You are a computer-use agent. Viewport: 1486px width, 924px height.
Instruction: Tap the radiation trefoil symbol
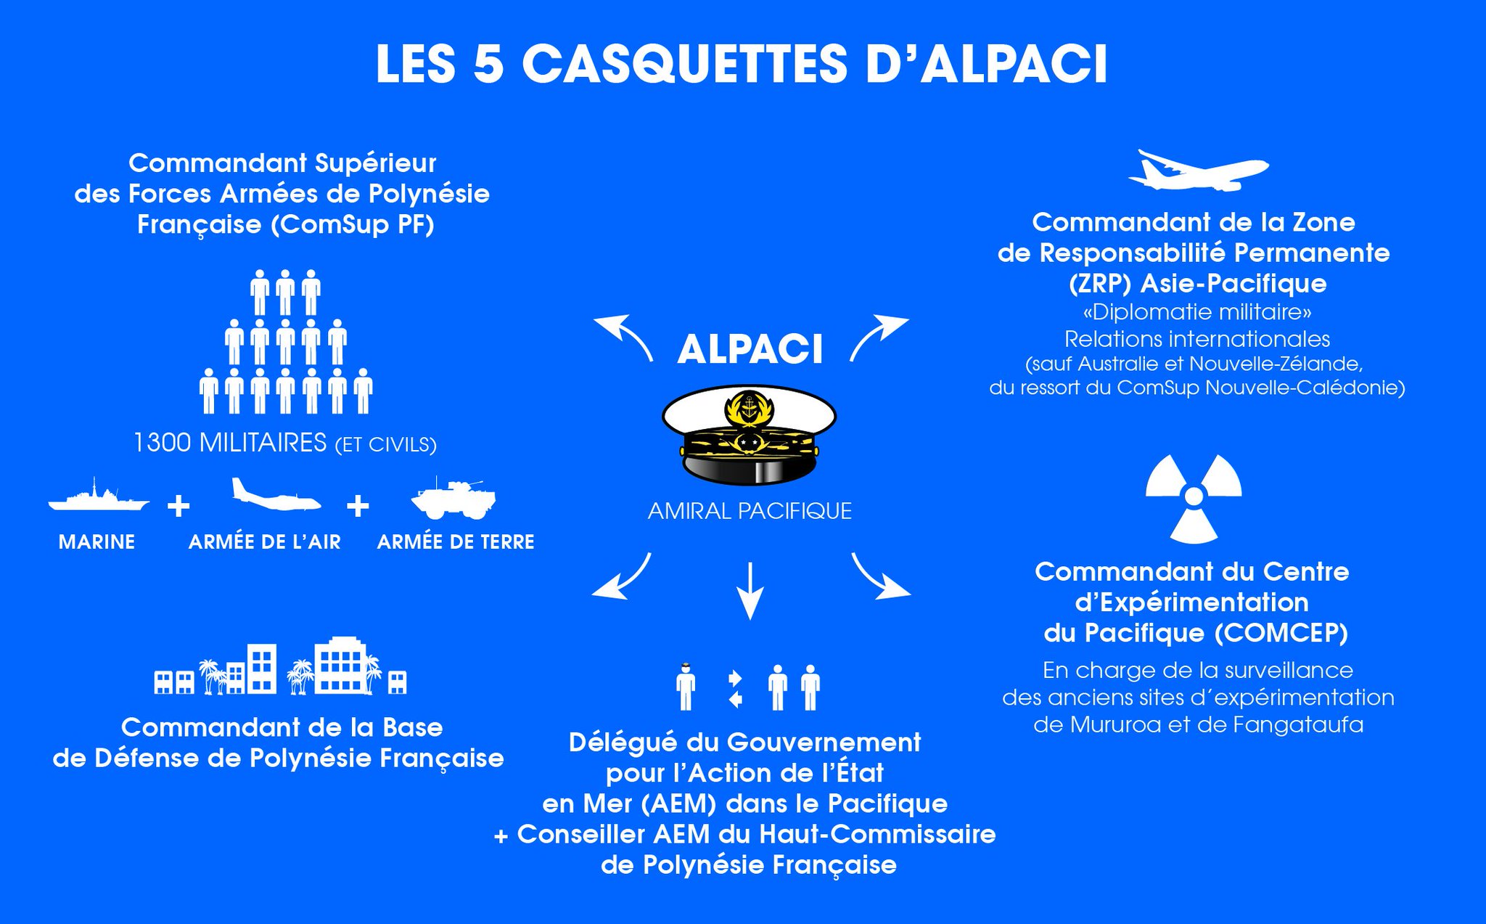point(1194,498)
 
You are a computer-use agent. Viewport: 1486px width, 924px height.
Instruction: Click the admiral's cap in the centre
point(749,436)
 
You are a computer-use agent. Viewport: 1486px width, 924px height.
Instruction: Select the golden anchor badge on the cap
point(749,407)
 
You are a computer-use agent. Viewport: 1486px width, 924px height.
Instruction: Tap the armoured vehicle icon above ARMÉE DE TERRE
point(454,499)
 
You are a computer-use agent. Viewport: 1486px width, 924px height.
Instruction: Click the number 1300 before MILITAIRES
point(163,443)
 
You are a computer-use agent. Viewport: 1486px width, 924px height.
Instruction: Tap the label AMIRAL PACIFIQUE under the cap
point(750,511)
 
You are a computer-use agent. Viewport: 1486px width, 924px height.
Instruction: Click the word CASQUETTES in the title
point(684,64)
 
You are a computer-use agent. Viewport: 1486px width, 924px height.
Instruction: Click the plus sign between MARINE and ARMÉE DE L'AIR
point(178,506)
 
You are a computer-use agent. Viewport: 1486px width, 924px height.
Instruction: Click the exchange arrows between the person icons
point(735,689)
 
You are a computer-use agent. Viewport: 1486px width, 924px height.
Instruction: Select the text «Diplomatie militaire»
point(1196,312)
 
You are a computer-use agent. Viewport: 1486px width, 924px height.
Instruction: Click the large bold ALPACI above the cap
point(750,349)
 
